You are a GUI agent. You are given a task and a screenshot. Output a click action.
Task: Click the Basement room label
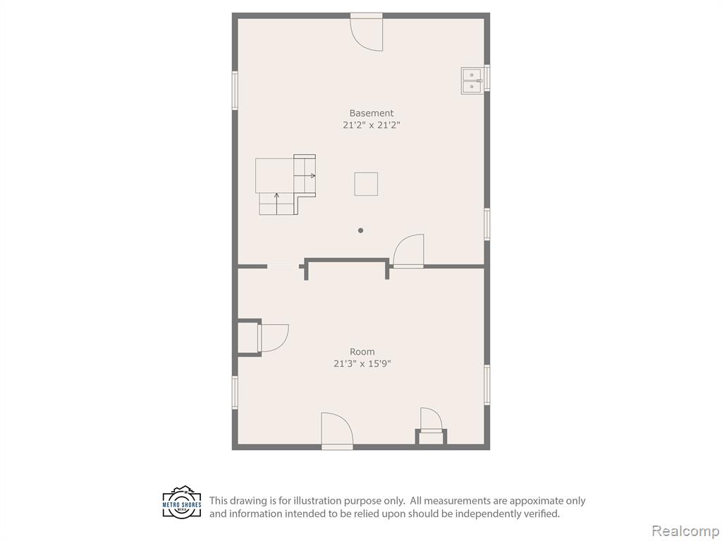point(371,113)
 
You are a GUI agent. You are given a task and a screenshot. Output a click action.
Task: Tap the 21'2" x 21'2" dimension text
point(371,125)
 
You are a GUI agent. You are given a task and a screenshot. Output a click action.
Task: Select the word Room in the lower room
point(362,352)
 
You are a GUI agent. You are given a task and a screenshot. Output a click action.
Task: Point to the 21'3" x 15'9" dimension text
point(362,363)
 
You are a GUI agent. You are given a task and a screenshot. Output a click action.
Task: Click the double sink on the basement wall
point(472,80)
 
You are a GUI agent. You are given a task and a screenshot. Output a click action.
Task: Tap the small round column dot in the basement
point(360,230)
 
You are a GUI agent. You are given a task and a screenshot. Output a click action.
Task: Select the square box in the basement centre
point(366,184)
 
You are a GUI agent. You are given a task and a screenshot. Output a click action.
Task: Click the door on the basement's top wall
point(367,33)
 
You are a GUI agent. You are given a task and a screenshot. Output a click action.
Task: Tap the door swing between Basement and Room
point(409,251)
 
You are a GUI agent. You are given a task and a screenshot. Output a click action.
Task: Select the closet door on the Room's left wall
point(274,338)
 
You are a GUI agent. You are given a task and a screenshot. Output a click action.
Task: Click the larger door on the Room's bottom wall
point(337,430)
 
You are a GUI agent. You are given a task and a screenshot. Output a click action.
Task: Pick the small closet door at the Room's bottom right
point(432,420)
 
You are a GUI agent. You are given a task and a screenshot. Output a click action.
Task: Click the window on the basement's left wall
point(235,90)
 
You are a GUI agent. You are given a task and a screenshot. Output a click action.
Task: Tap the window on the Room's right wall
point(487,385)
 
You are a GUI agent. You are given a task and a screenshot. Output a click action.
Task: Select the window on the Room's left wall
point(235,392)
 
